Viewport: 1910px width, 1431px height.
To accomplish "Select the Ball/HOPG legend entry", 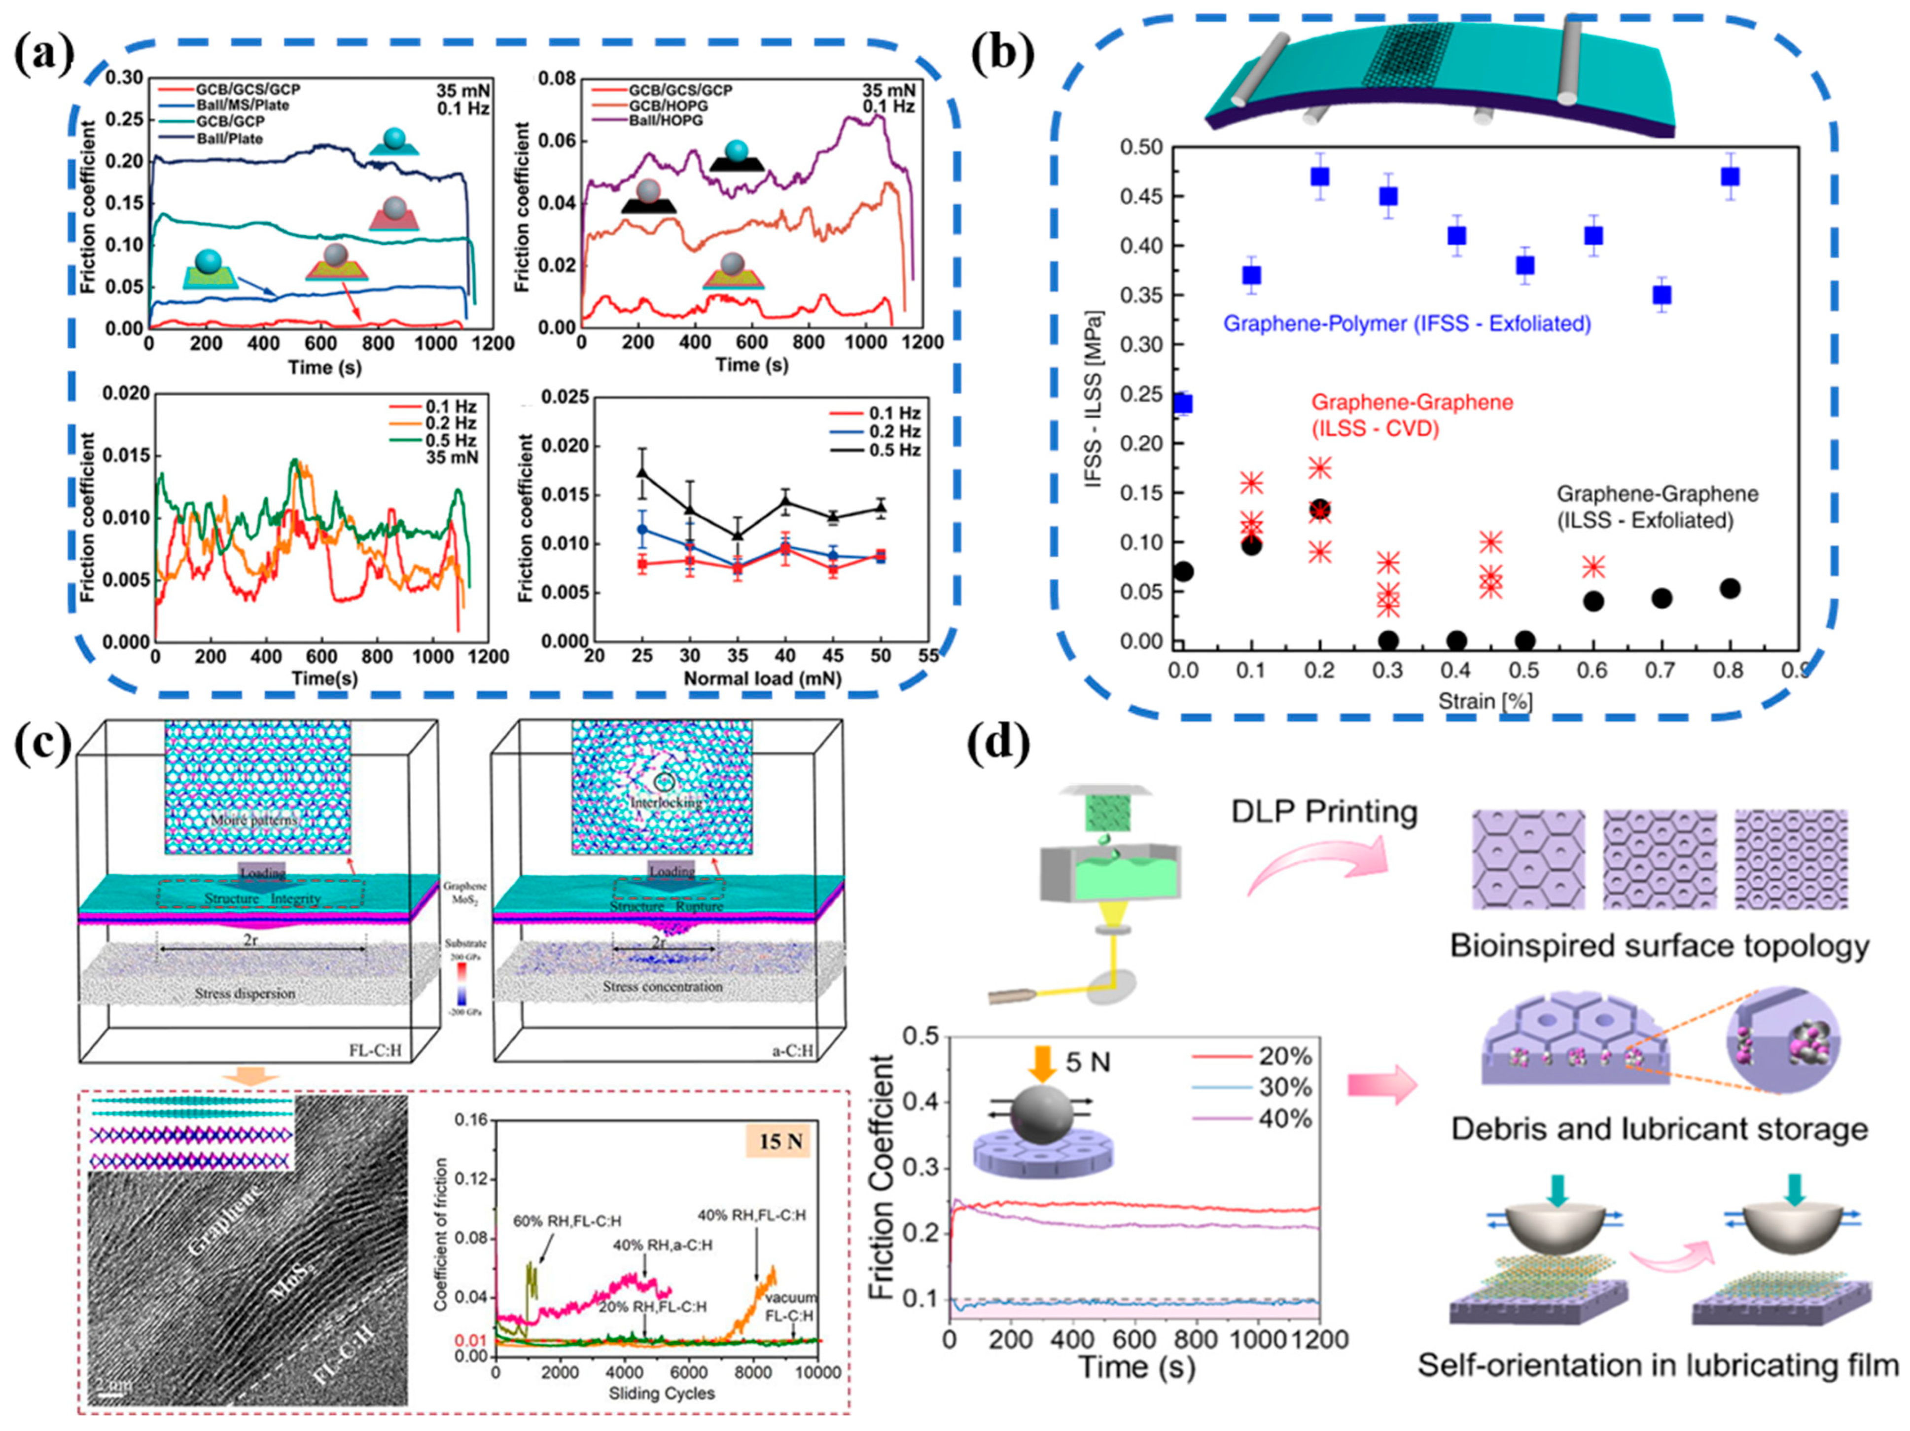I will (x=665, y=120).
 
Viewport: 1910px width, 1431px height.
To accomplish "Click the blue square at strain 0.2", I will (x=1319, y=176).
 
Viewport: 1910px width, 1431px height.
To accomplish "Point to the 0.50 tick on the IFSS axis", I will (x=1141, y=147).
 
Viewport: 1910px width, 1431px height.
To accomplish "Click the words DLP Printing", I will (x=1324, y=811).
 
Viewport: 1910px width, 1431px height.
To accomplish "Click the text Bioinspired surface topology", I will (x=1659, y=946).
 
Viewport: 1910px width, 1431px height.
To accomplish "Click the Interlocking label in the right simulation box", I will (x=665, y=802).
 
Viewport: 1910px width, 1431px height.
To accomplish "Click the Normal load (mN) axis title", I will (x=762, y=679).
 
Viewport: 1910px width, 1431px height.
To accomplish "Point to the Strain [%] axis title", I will (x=1485, y=701).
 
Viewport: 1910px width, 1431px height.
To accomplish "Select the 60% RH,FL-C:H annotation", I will (x=566, y=1221).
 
